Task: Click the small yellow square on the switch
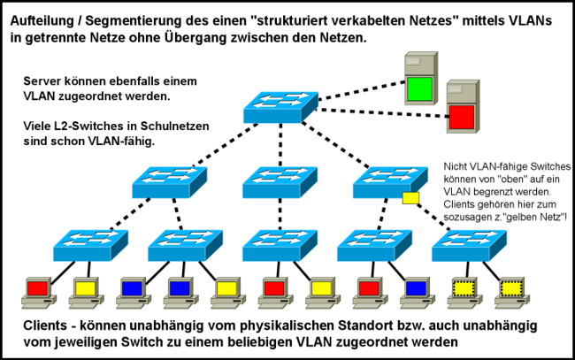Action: click(x=410, y=198)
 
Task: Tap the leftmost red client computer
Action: click(x=37, y=289)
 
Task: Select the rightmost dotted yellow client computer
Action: click(x=511, y=289)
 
